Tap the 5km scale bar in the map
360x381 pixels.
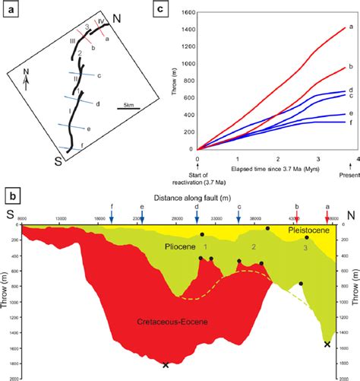(128, 109)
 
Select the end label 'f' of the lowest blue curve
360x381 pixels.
(349, 122)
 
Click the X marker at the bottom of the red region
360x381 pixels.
(166, 365)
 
